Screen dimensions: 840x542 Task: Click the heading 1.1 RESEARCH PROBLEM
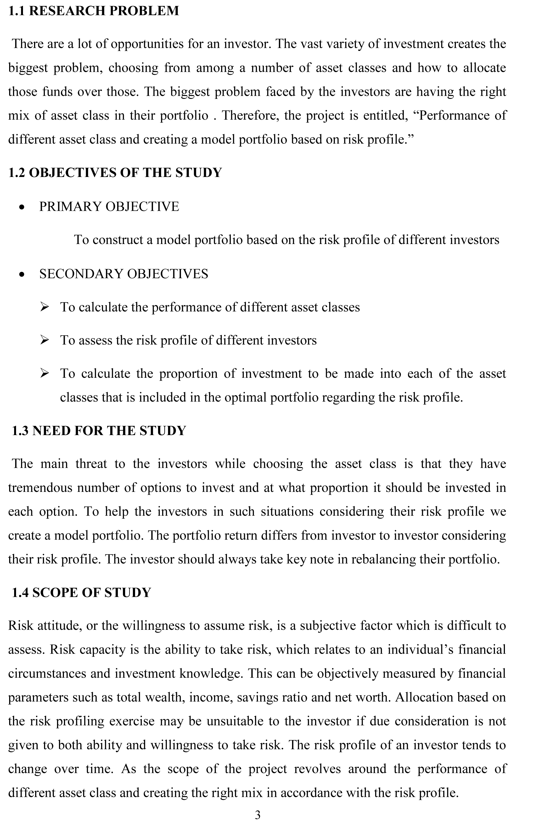click(x=94, y=11)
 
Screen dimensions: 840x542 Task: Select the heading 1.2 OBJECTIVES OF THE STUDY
click(x=115, y=173)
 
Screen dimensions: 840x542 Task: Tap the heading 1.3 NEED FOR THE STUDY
click(x=99, y=431)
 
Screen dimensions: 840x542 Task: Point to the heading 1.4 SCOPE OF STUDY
click(x=81, y=592)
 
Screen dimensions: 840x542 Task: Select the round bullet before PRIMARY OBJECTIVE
click(x=22, y=208)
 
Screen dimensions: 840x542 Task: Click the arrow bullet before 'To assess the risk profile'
click(x=44, y=340)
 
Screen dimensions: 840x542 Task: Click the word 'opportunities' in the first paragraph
click(x=147, y=44)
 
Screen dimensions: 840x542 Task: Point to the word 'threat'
click(x=91, y=464)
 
